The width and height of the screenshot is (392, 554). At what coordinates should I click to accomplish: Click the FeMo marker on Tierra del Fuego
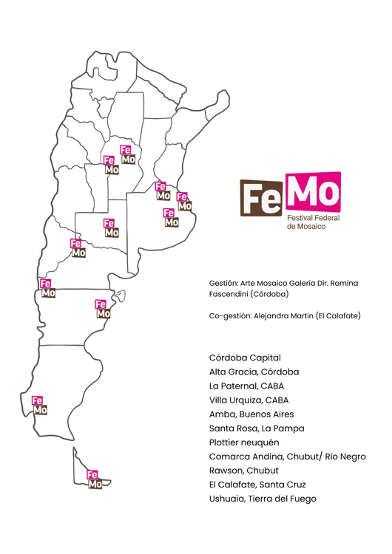click(x=94, y=479)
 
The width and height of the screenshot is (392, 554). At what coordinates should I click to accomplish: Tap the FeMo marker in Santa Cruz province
click(x=38, y=405)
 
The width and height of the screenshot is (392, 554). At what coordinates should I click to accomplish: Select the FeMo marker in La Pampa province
click(x=110, y=228)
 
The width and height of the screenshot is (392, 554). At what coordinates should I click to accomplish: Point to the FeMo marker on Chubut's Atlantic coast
click(x=102, y=308)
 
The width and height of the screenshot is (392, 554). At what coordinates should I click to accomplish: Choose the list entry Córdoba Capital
click(x=245, y=358)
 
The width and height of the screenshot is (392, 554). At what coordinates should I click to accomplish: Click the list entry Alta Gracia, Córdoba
click(x=254, y=372)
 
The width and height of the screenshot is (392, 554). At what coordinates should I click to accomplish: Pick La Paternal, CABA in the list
click(x=246, y=386)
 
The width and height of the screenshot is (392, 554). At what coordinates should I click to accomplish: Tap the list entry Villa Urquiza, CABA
click(x=249, y=400)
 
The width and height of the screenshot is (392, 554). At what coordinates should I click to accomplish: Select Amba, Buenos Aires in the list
click(x=251, y=414)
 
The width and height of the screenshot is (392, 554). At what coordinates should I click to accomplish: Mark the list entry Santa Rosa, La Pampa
click(x=257, y=428)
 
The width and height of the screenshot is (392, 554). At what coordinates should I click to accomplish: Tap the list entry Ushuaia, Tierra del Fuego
click(x=263, y=499)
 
